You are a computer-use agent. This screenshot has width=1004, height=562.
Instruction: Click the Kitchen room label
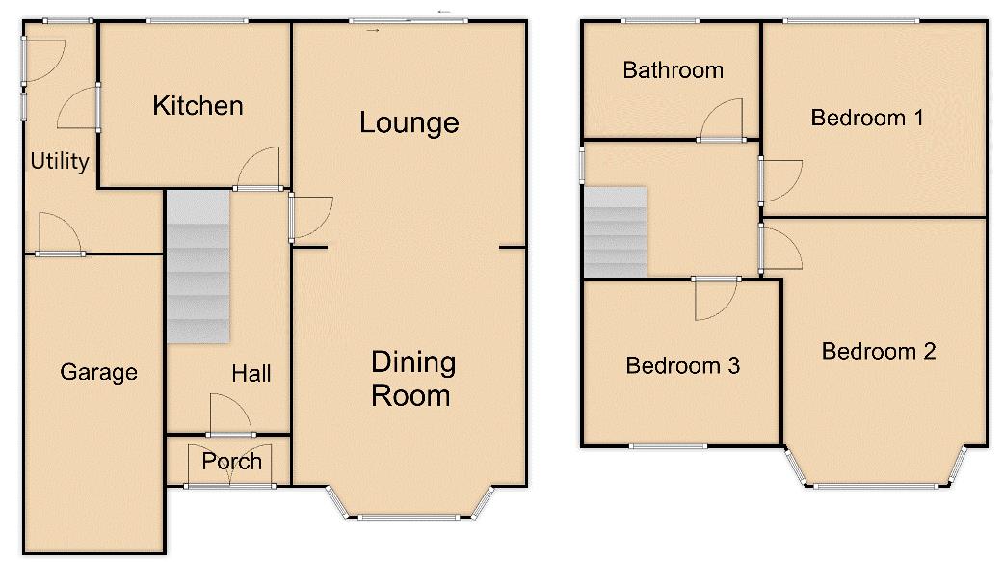tap(198, 105)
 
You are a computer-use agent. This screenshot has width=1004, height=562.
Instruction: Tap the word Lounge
tap(409, 122)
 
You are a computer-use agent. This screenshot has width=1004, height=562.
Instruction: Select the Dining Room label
tap(411, 379)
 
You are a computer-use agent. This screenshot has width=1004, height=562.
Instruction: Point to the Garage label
tap(98, 372)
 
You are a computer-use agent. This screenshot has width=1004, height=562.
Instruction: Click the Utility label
tap(60, 161)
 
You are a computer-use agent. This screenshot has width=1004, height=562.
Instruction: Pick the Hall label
tap(251, 373)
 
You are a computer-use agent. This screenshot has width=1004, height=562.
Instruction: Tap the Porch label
tap(231, 462)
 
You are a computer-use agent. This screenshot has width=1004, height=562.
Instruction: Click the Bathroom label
tap(673, 69)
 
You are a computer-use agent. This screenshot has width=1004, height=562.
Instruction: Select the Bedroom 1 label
tap(867, 118)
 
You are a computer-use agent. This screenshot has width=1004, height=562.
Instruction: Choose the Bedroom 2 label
tap(879, 351)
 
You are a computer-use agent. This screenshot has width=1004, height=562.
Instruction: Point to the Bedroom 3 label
tap(682, 365)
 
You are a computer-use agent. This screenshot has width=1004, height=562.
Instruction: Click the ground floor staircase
tap(198, 266)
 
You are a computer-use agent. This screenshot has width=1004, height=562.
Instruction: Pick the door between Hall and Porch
tap(230, 415)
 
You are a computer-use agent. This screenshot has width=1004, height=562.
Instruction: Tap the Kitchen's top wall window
tap(198, 21)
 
